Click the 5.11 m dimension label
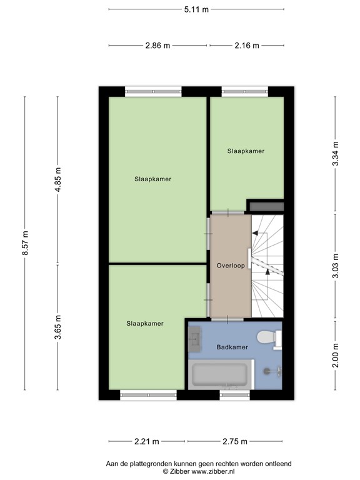tap(196, 9)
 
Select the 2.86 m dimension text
tap(157, 46)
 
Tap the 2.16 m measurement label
tap(247, 46)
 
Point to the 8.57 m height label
tap(26, 243)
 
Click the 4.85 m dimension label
tap(58, 181)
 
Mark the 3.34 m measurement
tap(336, 154)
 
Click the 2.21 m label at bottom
tap(146, 442)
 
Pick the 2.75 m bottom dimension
tap(235, 442)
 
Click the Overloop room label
tap(230, 265)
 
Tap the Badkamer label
tap(232, 347)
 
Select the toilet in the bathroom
tap(269, 338)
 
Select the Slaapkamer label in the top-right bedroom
tap(246, 151)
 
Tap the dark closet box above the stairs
tap(266, 206)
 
